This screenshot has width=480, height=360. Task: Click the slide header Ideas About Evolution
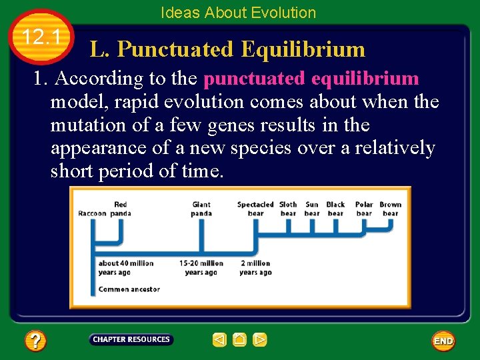click(x=239, y=13)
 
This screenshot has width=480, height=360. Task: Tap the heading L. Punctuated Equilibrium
click(x=228, y=49)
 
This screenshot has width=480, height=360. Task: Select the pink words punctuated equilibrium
click(x=311, y=79)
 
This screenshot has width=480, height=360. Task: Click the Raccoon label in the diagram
click(x=92, y=213)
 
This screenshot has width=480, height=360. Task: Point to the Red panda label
click(x=121, y=209)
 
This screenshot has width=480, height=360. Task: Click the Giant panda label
click(x=201, y=209)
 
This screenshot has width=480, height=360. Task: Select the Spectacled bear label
click(x=255, y=209)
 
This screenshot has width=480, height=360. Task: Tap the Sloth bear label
click(x=288, y=209)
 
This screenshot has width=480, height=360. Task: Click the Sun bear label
click(x=312, y=209)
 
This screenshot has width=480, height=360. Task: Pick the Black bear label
click(x=335, y=209)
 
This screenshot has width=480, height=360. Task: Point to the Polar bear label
click(x=364, y=209)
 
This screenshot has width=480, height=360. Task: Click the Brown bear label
click(x=391, y=209)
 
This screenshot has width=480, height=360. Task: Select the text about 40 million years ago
click(x=125, y=267)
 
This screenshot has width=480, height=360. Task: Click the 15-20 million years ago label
click(x=201, y=267)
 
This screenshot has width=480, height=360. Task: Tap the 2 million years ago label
click(x=255, y=267)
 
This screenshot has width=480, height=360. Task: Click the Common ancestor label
click(x=129, y=289)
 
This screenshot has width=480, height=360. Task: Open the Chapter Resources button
click(x=131, y=340)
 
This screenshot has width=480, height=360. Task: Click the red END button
click(x=443, y=341)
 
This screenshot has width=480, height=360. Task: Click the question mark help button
click(x=35, y=341)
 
